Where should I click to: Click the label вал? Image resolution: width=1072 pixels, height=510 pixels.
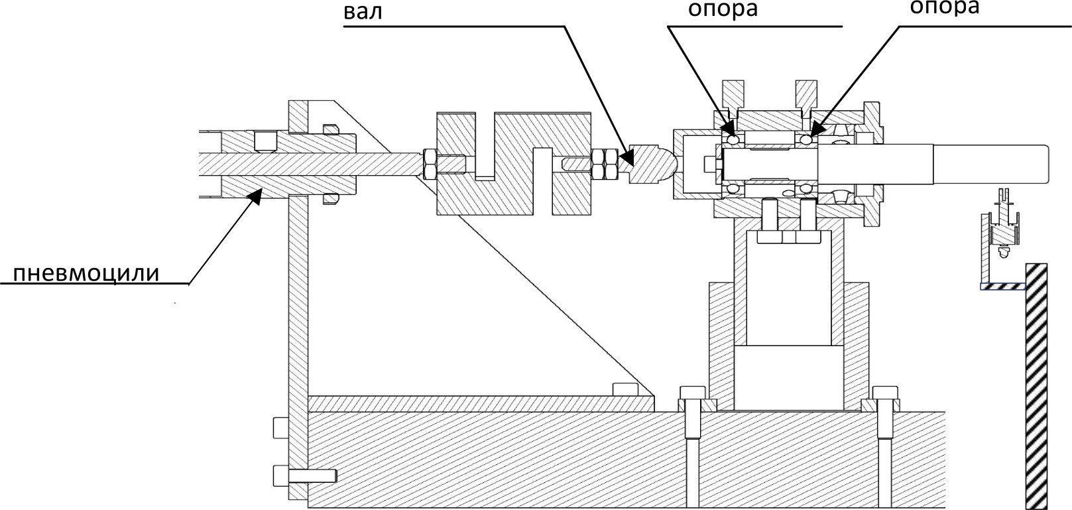(363, 12)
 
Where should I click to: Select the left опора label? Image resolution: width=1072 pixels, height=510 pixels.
(723, 10)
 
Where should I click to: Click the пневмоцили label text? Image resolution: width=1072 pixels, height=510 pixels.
(87, 273)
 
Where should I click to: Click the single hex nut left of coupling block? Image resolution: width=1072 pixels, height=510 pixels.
(429, 164)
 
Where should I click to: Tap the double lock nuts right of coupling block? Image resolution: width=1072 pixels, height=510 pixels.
(605, 164)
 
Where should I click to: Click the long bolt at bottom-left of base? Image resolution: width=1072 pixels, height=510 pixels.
(304, 476)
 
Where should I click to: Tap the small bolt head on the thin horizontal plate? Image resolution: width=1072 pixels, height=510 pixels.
(623, 389)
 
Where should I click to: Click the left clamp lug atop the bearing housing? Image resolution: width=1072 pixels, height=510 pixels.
(734, 96)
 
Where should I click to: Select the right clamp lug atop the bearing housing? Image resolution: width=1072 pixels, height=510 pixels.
(807, 96)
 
